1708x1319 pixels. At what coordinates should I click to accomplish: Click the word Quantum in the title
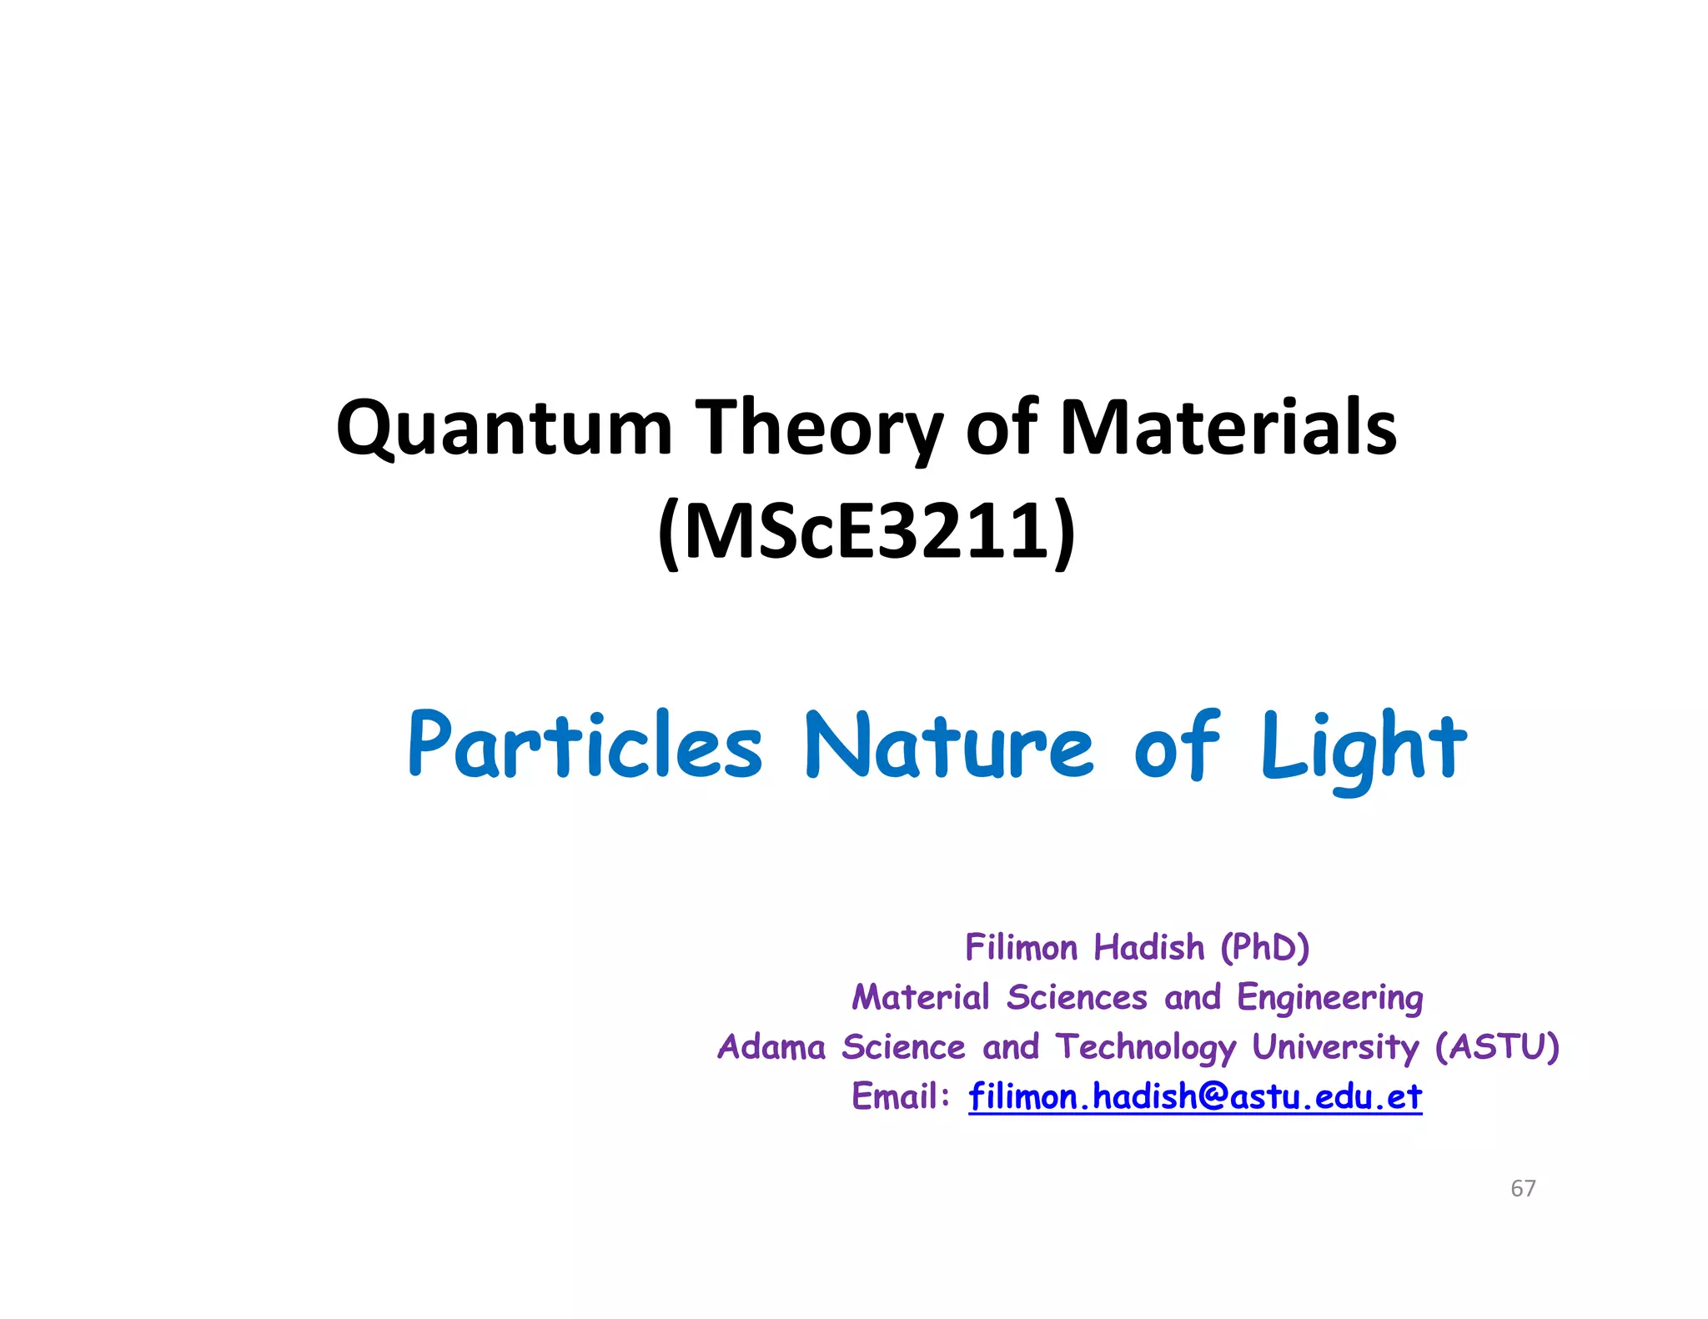504,429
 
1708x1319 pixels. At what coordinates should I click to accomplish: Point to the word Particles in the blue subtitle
585,746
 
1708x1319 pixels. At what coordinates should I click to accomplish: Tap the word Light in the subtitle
1363,746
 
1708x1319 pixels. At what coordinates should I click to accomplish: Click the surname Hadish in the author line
1149,948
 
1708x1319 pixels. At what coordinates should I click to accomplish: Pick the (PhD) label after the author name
1264,948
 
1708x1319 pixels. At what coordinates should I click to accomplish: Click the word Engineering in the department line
1329,998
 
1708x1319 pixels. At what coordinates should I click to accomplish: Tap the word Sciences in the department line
1077,998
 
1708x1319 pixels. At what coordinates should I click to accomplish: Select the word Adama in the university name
771,1047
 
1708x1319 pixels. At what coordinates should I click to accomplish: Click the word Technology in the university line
1146,1047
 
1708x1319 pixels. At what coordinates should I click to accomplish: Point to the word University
1334,1047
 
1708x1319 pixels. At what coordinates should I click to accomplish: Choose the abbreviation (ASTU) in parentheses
1496,1047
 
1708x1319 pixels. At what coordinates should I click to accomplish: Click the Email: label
901,1096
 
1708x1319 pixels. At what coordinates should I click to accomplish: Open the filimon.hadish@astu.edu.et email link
1195,1097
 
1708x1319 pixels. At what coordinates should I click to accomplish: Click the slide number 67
1523,1188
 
